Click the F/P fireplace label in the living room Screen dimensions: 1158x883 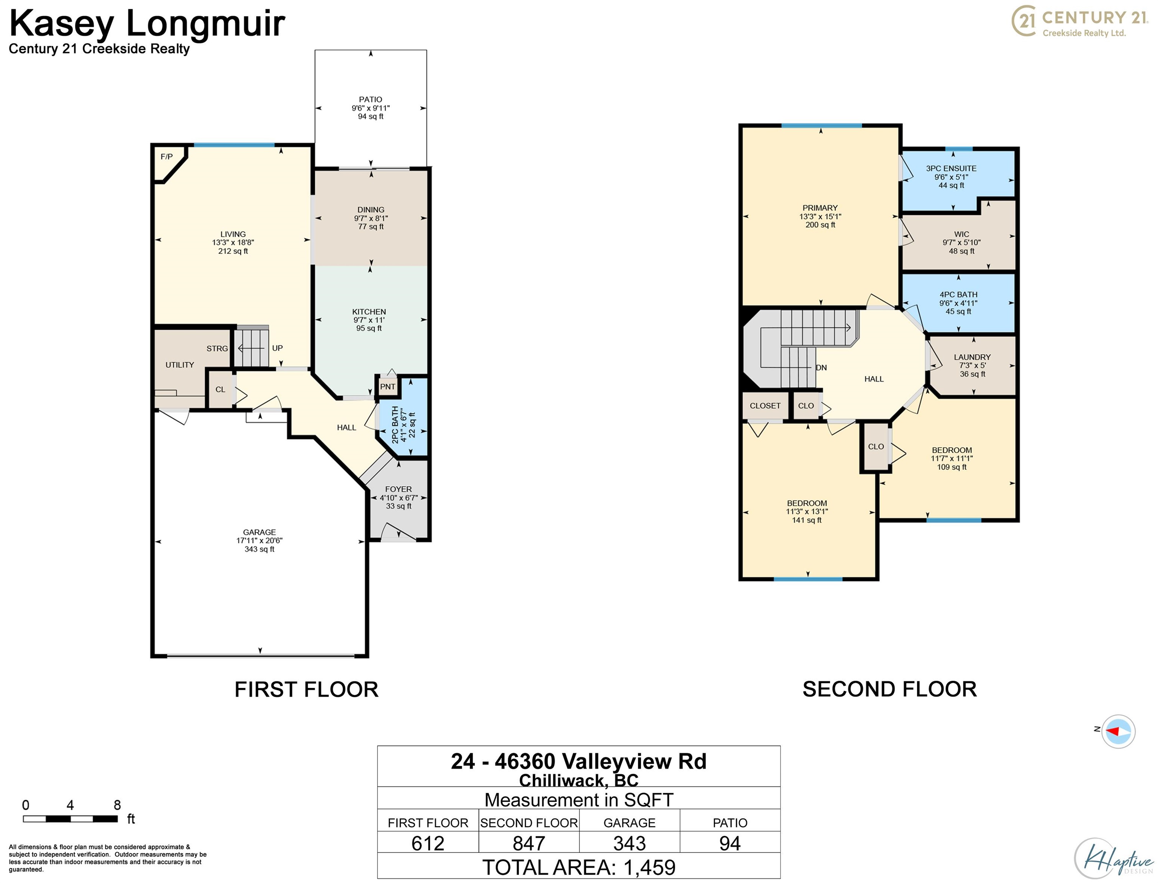click(x=167, y=157)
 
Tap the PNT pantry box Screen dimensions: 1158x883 click(x=388, y=387)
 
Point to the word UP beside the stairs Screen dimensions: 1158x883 click(x=277, y=348)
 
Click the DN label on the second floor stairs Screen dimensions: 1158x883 click(x=821, y=368)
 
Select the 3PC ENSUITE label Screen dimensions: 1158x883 click(x=951, y=169)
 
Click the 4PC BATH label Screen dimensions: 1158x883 click(x=958, y=295)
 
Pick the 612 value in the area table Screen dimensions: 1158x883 click(x=428, y=844)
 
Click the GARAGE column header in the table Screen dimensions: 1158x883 click(x=630, y=822)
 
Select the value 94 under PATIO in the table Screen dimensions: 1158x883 click(x=730, y=844)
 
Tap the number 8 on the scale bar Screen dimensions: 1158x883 click(x=117, y=805)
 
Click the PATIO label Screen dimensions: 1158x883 click(x=371, y=99)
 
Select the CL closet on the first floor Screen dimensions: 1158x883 click(x=220, y=389)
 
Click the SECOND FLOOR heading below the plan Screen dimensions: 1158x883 click(x=889, y=689)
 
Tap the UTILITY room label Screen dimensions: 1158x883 click(x=180, y=365)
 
